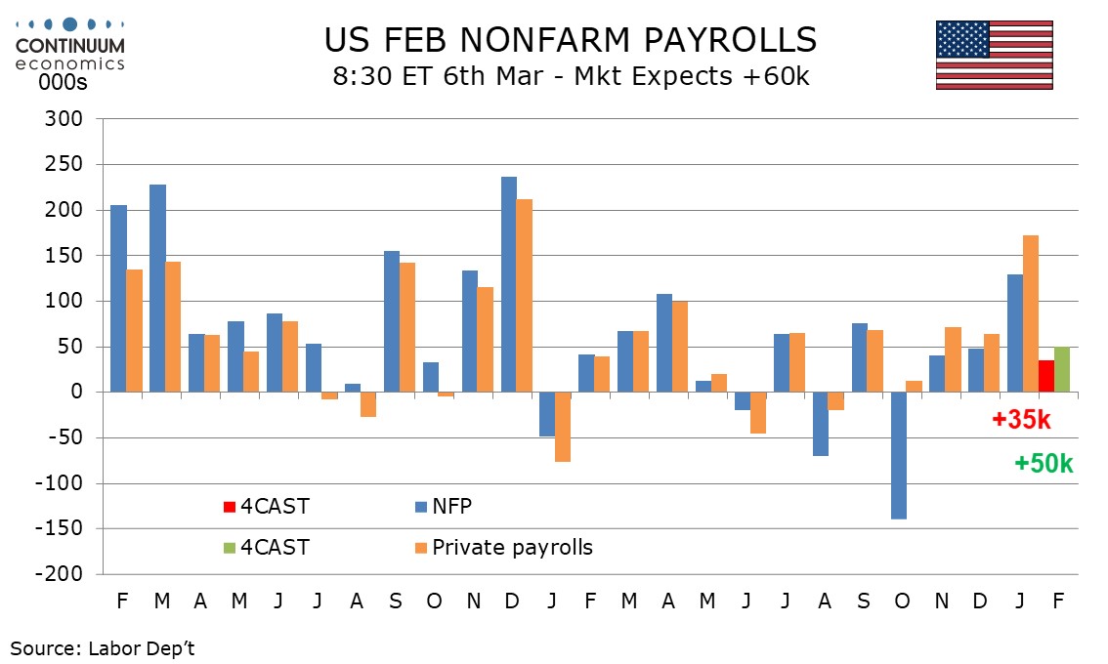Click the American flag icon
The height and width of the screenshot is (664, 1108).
pos(994,55)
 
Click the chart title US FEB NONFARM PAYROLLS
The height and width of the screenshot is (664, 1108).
pos(571,40)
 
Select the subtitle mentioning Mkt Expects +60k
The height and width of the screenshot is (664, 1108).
pos(571,76)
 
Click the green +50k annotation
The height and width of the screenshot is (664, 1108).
pos(1044,464)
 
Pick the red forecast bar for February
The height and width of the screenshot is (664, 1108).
pos(1045,376)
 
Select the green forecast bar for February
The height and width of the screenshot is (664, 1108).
pos(1061,369)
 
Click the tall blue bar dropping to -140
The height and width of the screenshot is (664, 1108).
pos(899,455)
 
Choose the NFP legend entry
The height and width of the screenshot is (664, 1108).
pos(449,507)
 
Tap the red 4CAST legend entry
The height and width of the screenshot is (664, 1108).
pos(266,507)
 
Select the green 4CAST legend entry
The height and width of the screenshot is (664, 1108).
pos(266,548)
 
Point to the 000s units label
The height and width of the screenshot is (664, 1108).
pos(63,83)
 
